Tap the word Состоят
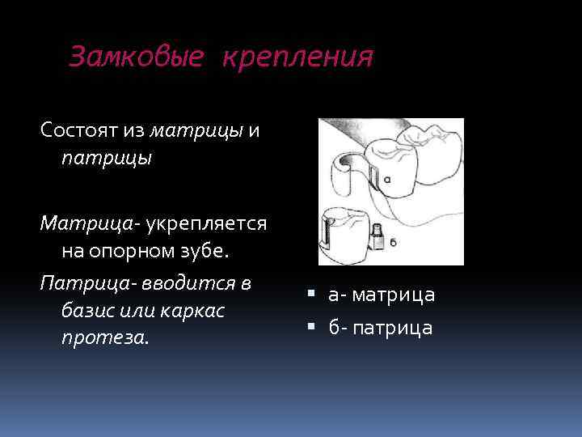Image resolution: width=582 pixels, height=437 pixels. pos(82,130)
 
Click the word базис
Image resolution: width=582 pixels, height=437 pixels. pos(88,310)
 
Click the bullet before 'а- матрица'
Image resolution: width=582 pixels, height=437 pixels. pos(311,295)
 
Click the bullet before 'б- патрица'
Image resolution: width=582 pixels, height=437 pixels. pos(311,328)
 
